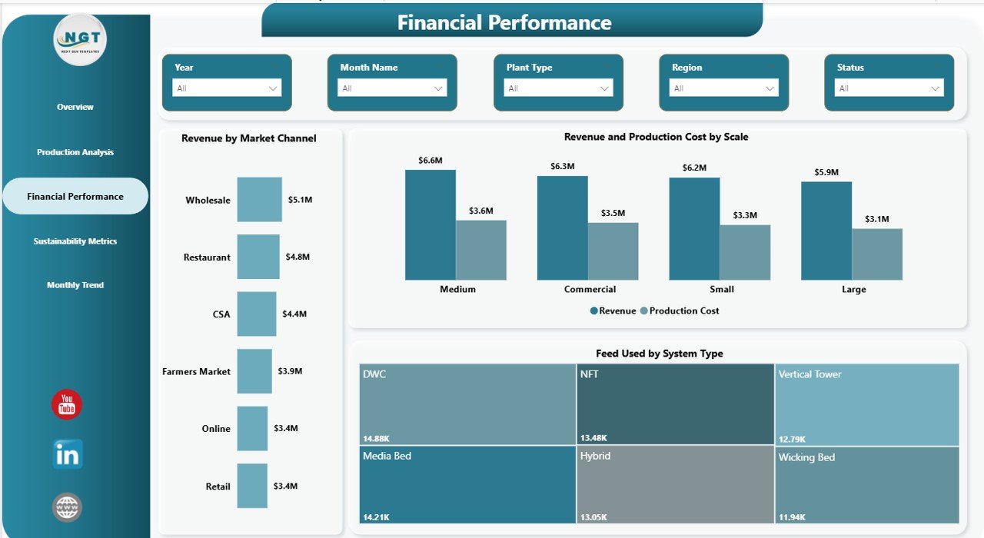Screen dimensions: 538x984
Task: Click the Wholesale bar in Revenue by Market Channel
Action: coord(259,200)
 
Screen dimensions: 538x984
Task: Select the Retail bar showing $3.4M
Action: coord(252,486)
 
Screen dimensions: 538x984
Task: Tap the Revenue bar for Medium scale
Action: coord(430,224)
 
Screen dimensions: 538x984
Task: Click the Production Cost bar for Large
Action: coord(877,254)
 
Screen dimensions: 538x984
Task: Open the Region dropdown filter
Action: coord(723,88)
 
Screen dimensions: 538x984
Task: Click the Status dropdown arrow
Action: coord(936,88)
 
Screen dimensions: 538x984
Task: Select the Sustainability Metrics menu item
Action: coord(75,241)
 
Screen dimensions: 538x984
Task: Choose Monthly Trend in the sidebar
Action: coord(75,285)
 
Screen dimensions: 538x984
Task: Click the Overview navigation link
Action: coord(75,107)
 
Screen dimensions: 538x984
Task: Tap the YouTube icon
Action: coord(67,404)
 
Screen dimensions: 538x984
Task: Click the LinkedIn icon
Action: coord(67,454)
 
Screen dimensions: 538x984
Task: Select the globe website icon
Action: coord(67,507)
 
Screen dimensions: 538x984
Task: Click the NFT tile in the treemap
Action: coord(675,404)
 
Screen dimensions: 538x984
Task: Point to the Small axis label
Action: coord(722,290)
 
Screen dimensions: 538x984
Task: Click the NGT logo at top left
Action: coord(80,39)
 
